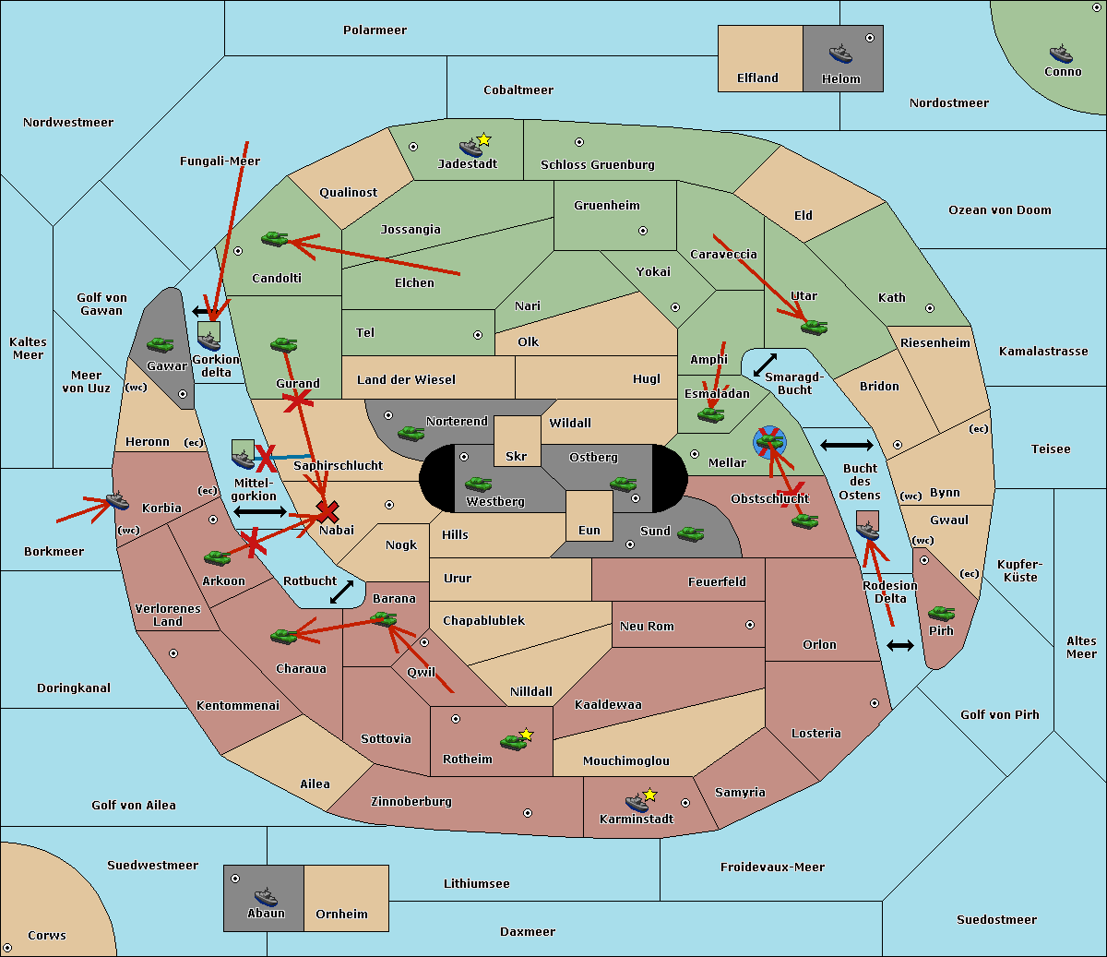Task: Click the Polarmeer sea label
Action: coord(375,30)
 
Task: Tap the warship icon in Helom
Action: coord(839,54)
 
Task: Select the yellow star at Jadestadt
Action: coord(483,139)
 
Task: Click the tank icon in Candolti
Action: coord(274,238)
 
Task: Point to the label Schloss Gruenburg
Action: coord(597,165)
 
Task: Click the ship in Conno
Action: coord(1061,54)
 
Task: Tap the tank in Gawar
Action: coord(160,344)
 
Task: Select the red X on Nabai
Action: coord(327,511)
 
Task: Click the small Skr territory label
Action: coord(516,456)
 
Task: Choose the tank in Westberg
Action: coord(478,484)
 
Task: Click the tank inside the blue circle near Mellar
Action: coord(769,441)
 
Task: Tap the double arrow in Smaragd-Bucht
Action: coord(765,365)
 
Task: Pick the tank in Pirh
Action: coord(941,613)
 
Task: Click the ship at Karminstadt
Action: coord(636,802)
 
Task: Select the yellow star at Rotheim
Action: coord(526,735)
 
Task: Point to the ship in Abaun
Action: coord(265,897)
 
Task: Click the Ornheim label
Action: coord(341,914)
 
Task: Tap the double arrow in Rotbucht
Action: coord(341,592)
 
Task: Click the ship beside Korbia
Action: coord(117,500)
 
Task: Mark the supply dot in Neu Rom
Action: coord(749,625)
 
